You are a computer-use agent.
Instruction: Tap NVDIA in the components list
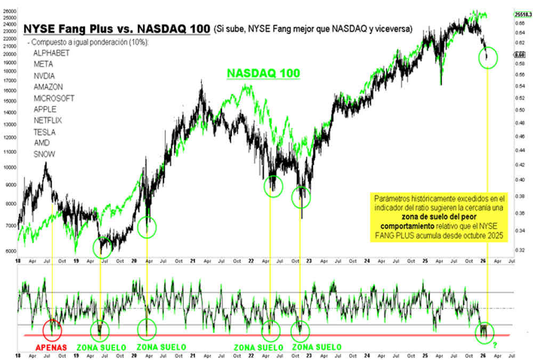(44, 75)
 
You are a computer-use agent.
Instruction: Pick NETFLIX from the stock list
(48, 121)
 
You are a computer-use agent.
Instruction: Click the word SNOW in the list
(43, 154)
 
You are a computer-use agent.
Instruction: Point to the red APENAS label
(52, 347)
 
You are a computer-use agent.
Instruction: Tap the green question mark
(495, 346)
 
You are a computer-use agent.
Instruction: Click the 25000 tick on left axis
(9, 18)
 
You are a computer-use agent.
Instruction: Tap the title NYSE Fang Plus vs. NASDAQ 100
(116, 28)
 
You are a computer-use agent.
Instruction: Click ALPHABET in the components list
(51, 53)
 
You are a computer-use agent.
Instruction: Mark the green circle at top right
(488, 57)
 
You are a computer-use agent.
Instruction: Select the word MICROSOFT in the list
(53, 98)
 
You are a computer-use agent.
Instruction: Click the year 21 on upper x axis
(193, 262)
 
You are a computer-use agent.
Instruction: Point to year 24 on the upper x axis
(367, 262)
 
